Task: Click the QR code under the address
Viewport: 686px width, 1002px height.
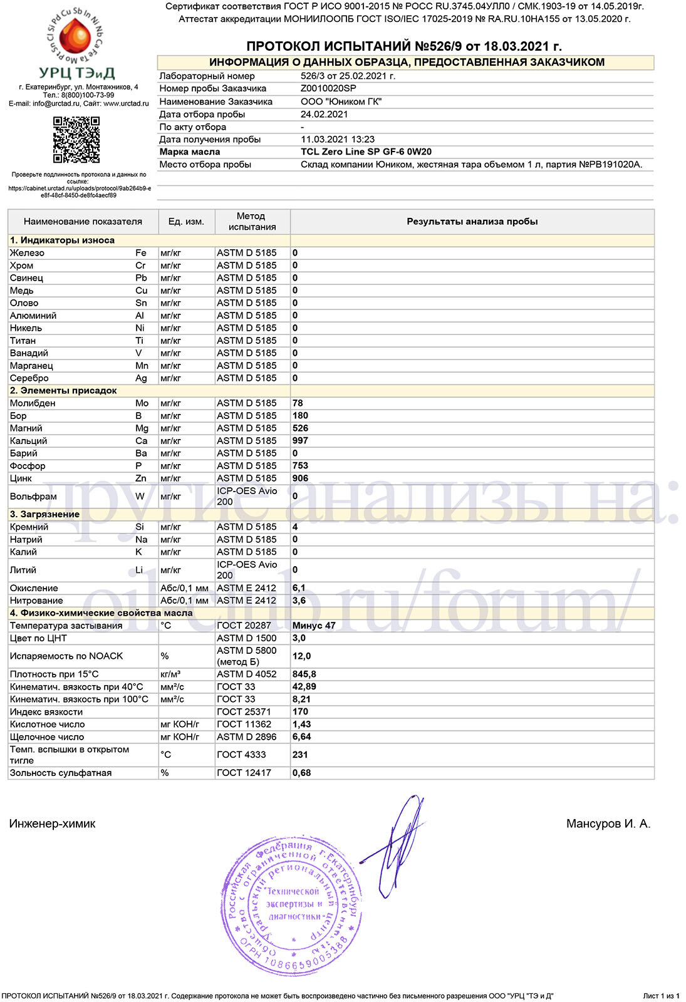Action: pos(76,140)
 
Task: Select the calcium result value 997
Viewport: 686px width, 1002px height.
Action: pos(300,441)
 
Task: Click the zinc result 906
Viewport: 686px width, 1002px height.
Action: pos(300,478)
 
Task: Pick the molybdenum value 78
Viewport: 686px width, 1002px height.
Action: pos(298,403)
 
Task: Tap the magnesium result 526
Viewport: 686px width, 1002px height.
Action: pos(300,428)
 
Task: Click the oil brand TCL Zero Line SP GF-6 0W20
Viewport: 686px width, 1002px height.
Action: pos(366,152)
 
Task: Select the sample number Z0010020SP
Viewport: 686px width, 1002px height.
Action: pos(328,88)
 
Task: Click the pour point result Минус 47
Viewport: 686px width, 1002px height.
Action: pos(314,626)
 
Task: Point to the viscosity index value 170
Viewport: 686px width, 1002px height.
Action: pos(300,711)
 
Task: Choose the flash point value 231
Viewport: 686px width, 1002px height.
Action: pos(300,755)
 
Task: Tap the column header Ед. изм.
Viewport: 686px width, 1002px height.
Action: pos(186,222)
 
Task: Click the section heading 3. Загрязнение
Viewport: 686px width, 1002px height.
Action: pos(44,514)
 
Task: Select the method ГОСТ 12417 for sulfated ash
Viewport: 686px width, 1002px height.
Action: pos(244,773)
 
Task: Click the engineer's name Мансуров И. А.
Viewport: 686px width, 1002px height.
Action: pos(608,824)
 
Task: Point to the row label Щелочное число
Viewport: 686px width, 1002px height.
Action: pos(47,737)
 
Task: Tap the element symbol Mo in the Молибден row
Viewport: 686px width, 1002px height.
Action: pos(142,403)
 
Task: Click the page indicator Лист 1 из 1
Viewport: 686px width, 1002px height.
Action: pos(661,996)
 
